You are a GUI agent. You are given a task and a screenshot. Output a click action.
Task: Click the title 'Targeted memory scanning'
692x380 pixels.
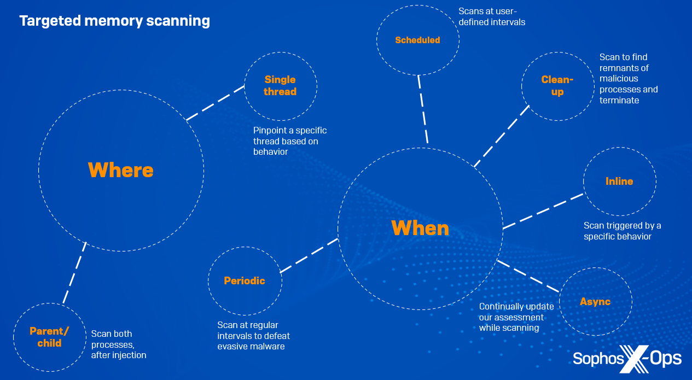114,21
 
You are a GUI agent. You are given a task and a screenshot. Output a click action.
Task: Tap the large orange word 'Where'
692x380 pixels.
120,170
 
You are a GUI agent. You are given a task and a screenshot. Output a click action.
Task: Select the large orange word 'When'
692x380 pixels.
420,228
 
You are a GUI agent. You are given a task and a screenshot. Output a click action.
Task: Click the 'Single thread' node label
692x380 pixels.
280,86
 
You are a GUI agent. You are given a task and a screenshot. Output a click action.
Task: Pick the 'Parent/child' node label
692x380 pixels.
49,337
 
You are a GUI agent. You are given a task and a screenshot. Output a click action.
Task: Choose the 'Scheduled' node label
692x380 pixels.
417,40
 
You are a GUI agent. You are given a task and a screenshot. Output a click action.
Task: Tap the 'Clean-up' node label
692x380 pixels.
557,85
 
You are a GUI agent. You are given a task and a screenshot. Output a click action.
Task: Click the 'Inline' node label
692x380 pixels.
619,181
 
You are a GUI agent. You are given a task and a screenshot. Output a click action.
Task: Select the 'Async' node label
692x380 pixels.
595,302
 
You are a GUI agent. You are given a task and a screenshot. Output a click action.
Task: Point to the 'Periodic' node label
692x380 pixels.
245,280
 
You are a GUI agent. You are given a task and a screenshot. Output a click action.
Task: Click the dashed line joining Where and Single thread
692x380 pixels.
215,102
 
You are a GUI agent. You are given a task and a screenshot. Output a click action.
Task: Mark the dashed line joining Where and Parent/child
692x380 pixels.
75,272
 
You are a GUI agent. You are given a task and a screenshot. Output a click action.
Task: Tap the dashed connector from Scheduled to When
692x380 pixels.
423,109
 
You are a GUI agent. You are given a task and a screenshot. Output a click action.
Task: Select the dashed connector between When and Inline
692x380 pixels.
543,211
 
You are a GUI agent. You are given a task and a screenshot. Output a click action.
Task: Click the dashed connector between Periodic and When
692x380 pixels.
309,255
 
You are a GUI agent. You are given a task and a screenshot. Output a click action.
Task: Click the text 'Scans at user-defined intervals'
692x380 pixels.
491,16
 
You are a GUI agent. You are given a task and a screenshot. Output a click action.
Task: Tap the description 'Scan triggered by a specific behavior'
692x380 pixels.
621,231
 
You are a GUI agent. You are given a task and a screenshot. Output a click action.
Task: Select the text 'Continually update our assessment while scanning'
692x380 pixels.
516,317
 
